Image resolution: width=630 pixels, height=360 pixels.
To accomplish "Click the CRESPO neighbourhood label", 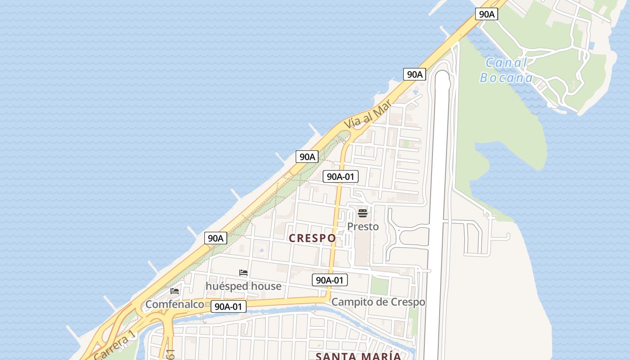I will click(312, 238).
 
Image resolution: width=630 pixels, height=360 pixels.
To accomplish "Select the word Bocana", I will click(506, 78).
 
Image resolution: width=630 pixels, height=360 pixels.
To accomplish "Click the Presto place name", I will click(363, 226).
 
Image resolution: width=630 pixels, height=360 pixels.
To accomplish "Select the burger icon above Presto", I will click(363, 213).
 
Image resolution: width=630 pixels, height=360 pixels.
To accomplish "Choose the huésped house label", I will click(243, 286).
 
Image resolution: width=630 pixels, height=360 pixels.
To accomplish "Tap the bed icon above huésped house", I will click(243, 273).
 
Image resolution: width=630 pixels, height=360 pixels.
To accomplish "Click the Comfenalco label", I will click(175, 305).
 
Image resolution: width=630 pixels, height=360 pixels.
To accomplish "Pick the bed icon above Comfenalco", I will click(175, 291).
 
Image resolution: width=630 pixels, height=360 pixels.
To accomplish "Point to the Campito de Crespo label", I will click(378, 302).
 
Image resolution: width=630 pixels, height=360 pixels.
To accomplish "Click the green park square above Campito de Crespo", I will click(379, 286).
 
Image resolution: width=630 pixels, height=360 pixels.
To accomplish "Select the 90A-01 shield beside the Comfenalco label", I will click(229, 307).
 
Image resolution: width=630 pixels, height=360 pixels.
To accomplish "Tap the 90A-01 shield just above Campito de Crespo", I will click(330, 280).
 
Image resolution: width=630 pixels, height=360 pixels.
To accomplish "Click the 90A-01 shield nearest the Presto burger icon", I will click(341, 177).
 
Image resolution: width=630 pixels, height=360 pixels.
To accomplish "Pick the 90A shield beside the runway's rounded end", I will click(414, 75).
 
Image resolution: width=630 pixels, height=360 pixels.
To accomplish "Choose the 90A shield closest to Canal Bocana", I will click(486, 14).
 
